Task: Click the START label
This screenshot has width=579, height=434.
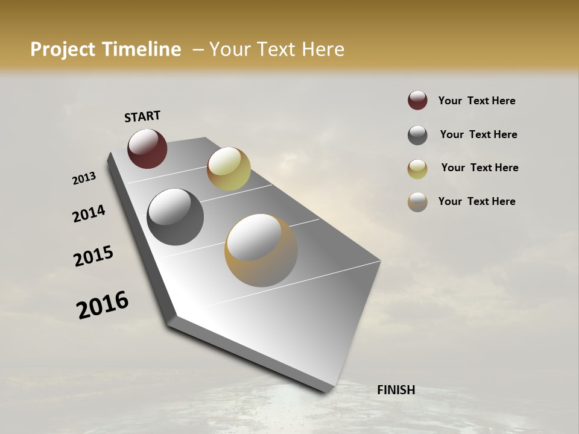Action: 142,116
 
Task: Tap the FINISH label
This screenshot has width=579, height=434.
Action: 396,390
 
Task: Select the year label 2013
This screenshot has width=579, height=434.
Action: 84,178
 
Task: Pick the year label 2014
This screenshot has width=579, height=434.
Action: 89,213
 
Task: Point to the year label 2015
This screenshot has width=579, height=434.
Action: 93,256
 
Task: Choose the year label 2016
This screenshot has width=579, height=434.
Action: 103,304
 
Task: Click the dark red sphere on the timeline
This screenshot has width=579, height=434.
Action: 147,148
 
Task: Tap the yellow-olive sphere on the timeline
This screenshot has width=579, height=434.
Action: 229,168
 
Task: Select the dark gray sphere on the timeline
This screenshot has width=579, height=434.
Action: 175,217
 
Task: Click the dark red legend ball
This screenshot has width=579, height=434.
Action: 417,101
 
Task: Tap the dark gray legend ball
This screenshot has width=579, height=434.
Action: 417,135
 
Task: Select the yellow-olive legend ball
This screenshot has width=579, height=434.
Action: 417,169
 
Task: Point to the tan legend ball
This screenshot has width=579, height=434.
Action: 417,202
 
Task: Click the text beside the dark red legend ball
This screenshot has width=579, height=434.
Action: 476,101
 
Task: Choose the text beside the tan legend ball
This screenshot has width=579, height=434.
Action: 476,201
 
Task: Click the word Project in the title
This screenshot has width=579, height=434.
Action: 63,49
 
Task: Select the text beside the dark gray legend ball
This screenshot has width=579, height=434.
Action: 478,134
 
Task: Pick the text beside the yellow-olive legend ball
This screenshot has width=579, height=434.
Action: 479,168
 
